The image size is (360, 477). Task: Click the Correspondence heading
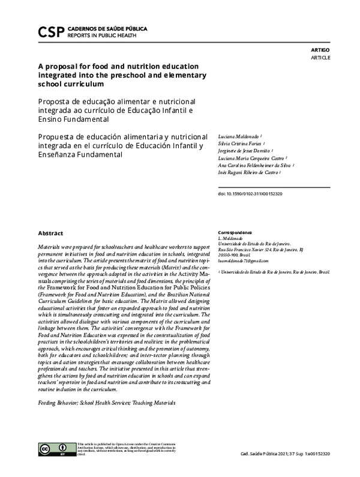235,232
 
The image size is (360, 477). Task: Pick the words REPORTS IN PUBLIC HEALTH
98,35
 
